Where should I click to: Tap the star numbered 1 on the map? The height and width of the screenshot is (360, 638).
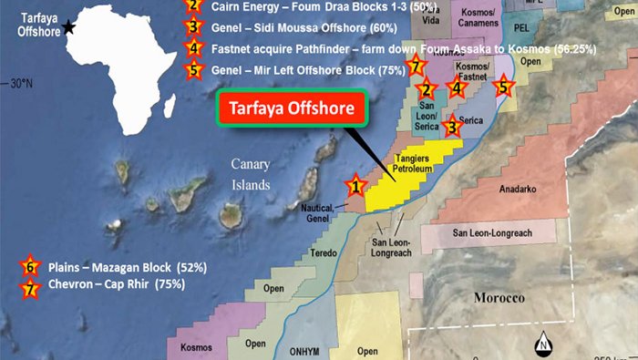355,187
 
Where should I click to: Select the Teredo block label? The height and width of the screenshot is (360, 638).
324,252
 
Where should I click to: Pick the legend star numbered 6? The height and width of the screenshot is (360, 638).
31,268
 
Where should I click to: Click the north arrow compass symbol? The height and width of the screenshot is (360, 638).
541,344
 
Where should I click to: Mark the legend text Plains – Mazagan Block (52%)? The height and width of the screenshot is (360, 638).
129,268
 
